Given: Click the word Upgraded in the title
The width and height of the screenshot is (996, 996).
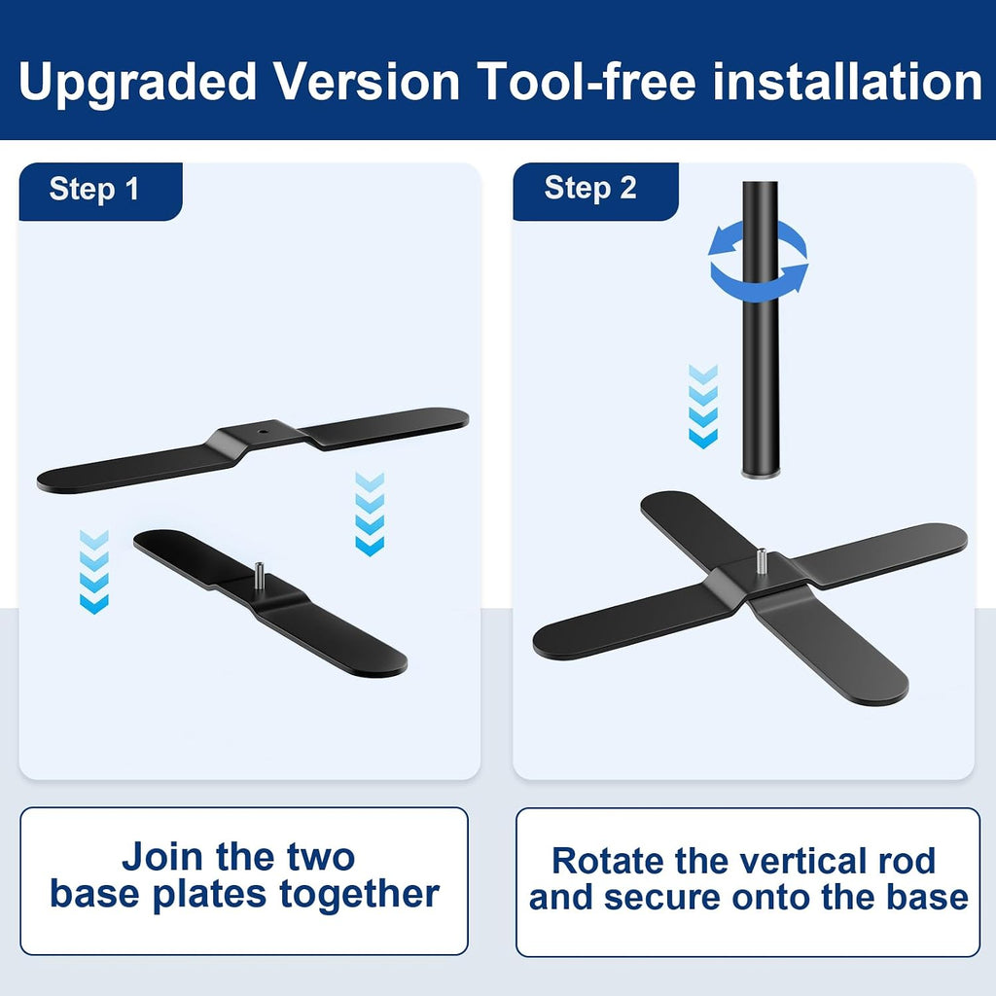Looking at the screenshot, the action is (x=136, y=82).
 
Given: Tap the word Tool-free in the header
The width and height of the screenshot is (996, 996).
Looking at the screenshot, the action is (x=587, y=81).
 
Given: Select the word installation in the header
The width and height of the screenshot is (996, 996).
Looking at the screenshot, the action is (x=848, y=81).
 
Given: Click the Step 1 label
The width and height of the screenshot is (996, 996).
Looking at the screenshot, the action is (x=94, y=190).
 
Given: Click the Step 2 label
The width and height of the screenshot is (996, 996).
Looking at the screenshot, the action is (x=590, y=188).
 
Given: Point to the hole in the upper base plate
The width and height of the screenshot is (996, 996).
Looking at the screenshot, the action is (x=263, y=431).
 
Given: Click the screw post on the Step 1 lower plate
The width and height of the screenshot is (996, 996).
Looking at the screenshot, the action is (x=259, y=575).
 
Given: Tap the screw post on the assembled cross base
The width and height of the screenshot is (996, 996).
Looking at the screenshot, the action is (x=761, y=561).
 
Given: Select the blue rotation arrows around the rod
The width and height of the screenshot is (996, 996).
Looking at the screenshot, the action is (x=759, y=261).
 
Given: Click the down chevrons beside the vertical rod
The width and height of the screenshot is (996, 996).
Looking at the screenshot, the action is (x=703, y=407).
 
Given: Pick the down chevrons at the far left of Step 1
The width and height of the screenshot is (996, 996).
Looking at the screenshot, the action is (x=94, y=572).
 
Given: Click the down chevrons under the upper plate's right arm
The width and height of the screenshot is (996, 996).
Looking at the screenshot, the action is (x=370, y=514).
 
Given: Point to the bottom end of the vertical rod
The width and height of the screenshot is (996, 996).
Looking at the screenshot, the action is (x=761, y=474).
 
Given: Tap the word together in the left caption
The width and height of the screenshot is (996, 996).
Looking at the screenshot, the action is (x=360, y=895).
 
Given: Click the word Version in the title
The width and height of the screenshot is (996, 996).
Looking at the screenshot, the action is (x=367, y=81).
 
